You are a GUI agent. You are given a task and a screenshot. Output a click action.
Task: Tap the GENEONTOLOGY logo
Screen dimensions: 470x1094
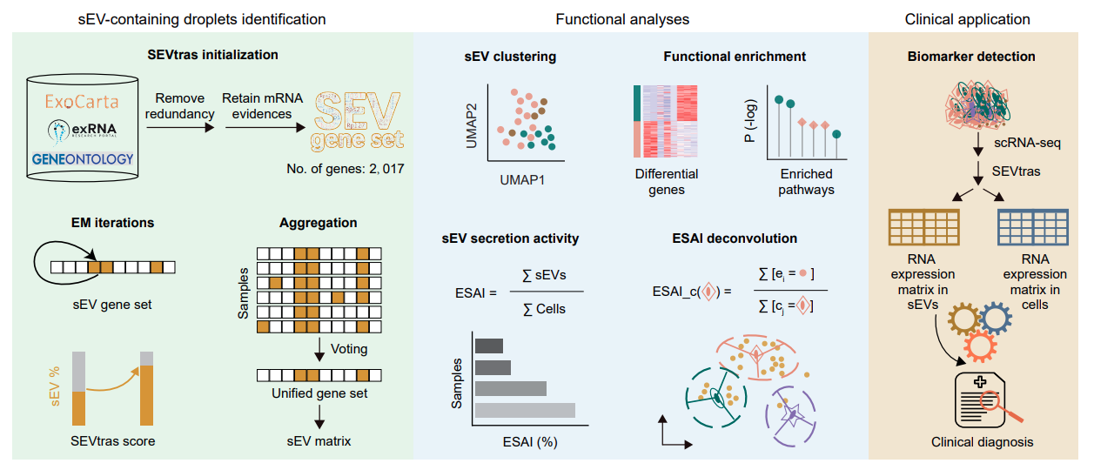click(x=83, y=159)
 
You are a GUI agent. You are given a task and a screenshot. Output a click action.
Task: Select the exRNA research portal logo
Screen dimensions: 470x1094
click(x=83, y=130)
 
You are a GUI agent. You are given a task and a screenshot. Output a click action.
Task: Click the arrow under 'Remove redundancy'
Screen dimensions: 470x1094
click(x=180, y=127)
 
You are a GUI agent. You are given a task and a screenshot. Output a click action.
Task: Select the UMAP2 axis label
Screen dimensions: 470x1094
click(x=472, y=122)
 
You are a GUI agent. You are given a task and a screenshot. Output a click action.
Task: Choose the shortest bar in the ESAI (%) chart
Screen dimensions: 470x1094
click(x=488, y=345)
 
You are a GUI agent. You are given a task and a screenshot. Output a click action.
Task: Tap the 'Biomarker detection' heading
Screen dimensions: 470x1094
click(x=971, y=57)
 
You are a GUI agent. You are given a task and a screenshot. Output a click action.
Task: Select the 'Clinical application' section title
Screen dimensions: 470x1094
click(x=967, y=18)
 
